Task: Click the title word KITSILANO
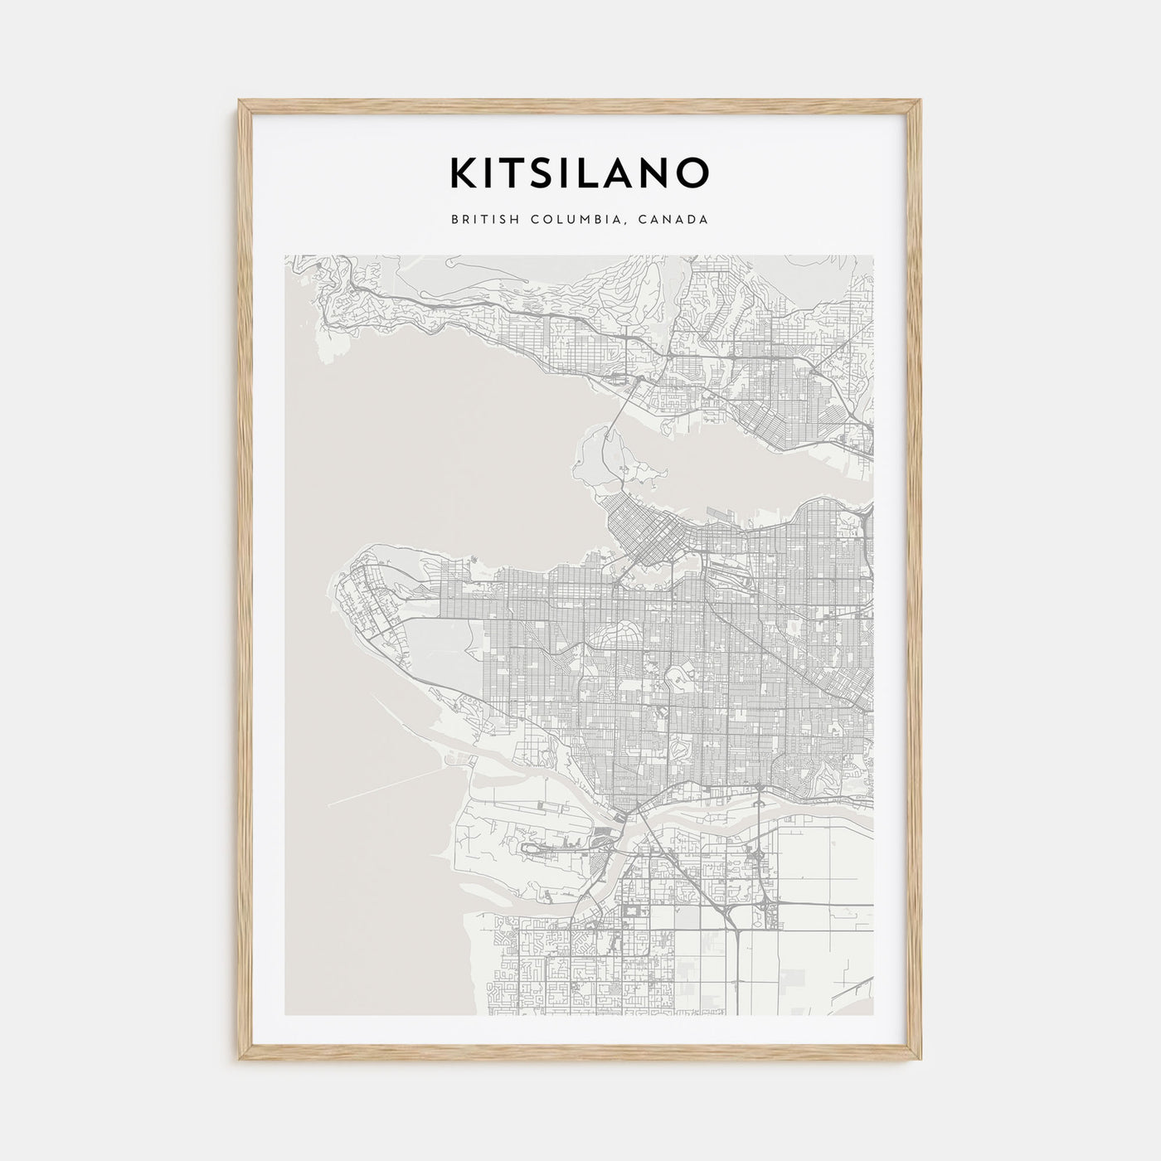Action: coord(580,172)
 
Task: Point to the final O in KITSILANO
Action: coord(693,172)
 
